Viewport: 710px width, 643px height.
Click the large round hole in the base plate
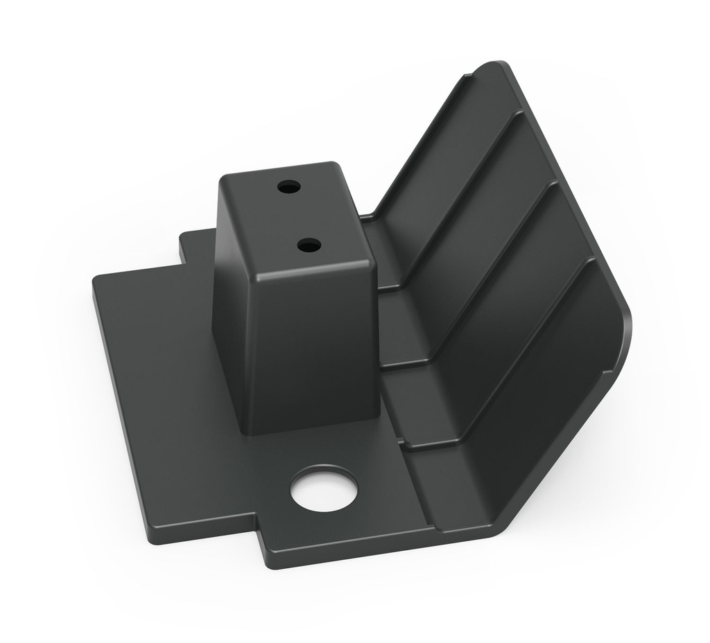pos(324,488)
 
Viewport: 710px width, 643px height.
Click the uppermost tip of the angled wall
pos(501,66)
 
